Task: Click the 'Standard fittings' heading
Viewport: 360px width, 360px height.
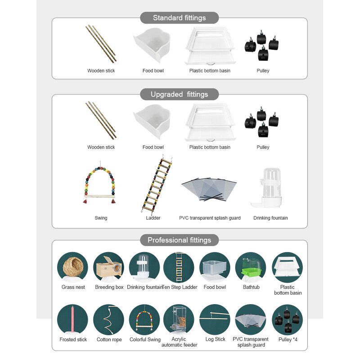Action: (179, 18)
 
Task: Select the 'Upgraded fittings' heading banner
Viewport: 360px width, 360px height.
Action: (179, 94)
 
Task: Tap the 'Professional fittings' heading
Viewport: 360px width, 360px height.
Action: (179, 240)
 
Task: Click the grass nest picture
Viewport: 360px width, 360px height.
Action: (72, 267)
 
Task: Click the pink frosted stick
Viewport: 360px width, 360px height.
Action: (73, 319)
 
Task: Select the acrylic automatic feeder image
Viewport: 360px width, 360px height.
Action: (178, 319)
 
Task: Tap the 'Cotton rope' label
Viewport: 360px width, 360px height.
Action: (109, 340)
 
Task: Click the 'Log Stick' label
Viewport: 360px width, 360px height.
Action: (215, 339)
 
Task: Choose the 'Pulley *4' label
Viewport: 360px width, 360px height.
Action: (288, 339)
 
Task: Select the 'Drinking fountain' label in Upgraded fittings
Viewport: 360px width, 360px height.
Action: (270, 218)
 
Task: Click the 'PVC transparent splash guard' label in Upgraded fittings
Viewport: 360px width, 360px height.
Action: (210, 218)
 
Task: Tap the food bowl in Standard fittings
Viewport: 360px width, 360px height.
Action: (153, 45)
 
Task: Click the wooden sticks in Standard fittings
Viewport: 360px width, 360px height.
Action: (101, 44)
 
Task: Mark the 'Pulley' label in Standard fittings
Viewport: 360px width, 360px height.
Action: (263, 71)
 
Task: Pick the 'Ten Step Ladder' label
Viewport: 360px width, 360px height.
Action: (180, 287)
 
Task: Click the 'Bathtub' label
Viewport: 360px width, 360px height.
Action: (251, 287)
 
